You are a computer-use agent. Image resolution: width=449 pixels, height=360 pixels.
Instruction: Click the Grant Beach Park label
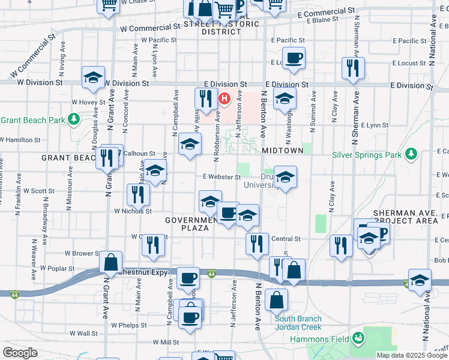click(x=32, y=120)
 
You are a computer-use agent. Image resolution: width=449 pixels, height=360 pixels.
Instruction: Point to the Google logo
click(x=20, y=353)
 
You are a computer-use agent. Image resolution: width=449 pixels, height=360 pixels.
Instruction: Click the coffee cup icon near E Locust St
click(x=294, y=59)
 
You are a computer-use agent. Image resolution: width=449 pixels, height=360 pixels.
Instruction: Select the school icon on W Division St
click(x=93, y=77)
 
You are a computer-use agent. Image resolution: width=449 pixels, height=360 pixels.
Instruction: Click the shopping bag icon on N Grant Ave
click(x=111, y=262)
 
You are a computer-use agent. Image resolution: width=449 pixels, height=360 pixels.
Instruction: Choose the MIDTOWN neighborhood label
click(x=282, y=150)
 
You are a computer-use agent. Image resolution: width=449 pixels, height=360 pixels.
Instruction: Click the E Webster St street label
click(x=221, y=177)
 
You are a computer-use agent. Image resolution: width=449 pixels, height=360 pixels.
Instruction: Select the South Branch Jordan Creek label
click(x=299, y=323)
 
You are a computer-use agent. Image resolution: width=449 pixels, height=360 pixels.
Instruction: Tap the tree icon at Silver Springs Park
click(x=411, y=154)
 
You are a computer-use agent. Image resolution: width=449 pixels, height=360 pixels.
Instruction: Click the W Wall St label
click(x=83, y=333)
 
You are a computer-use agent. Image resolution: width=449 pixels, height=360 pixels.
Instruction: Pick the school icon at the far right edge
click(x=420, y=280)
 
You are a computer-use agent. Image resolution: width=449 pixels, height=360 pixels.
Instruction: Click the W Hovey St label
click(x=88, y=103)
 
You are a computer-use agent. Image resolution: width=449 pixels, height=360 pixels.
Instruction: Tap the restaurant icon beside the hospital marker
click(x=206, y=98)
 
